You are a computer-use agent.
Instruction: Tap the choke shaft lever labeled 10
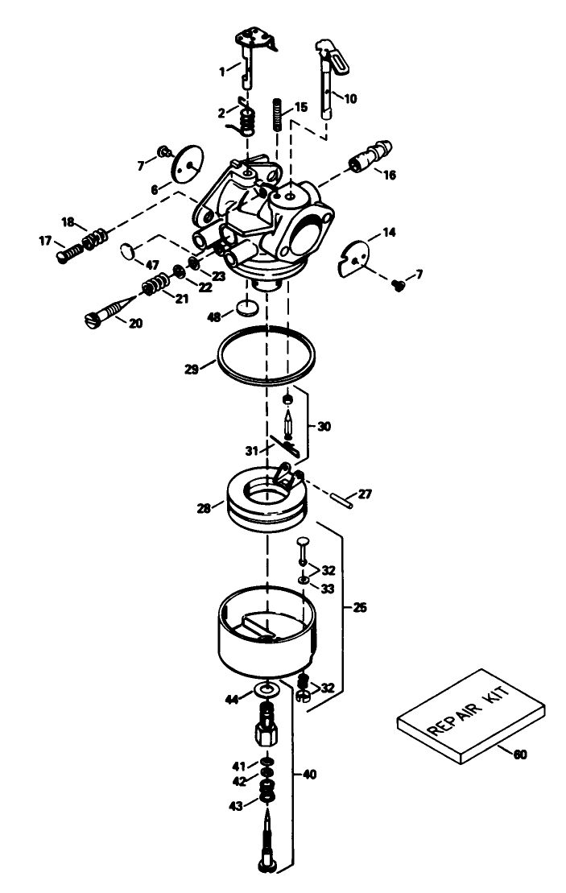pyautogui.click(x=328, y=85)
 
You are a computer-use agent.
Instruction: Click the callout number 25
pyautogui.click(x=361, y=608)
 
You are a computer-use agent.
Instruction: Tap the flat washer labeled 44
pyautogui.click(x=266, y=690)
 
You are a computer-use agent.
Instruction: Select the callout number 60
pyautogui.click(x=520, y=755)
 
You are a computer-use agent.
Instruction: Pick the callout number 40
pyautogui.click(x=309, y=775)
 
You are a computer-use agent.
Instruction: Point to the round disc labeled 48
pyautogui.click(x=249, y=308)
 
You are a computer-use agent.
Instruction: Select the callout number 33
pyautogui.click(x=328, y=589)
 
